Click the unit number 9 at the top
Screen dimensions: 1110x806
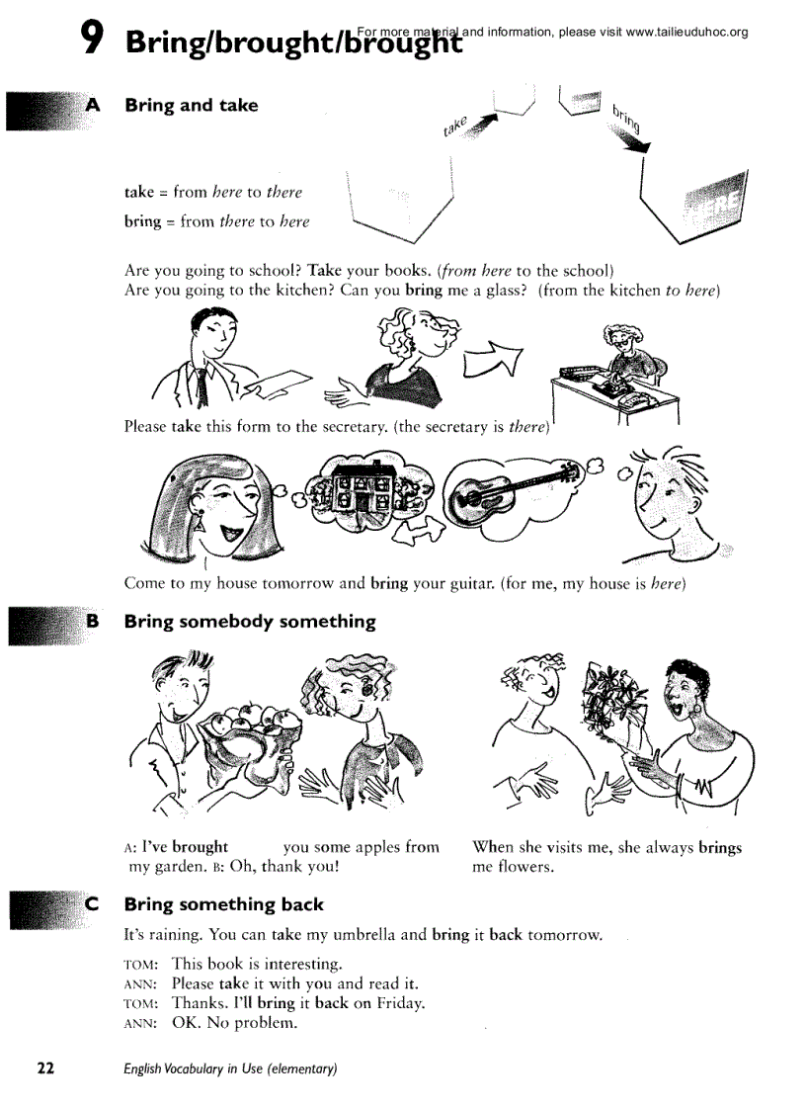[91, 38]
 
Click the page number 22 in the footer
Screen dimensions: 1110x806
[45, 1068]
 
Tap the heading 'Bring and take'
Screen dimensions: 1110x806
[191, 106]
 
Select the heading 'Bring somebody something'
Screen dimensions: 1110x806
[250, 622]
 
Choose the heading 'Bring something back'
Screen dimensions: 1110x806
[223, 904]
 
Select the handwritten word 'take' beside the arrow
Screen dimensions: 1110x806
[454, 127]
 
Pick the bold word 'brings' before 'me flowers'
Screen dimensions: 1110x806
[720, 847]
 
